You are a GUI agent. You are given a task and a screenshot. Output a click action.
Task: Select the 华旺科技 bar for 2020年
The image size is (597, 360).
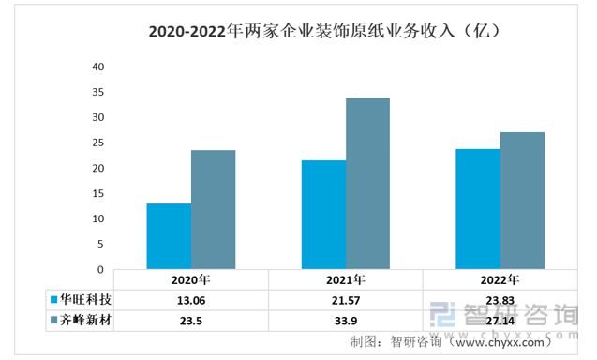169,236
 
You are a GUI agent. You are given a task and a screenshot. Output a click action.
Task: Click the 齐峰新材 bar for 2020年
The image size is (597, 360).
213,210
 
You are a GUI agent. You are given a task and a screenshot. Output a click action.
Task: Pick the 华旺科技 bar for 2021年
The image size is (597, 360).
323,215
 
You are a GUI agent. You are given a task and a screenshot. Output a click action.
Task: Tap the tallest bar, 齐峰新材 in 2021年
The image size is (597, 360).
367,184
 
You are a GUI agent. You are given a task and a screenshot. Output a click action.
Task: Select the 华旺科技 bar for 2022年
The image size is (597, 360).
477,209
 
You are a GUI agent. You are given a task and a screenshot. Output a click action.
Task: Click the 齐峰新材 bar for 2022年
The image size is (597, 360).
522,201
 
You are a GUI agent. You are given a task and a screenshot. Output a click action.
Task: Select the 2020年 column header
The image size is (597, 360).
190,280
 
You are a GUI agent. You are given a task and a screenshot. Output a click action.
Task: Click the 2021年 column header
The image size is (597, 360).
345,280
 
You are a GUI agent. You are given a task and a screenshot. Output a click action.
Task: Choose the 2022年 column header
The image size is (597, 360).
500,280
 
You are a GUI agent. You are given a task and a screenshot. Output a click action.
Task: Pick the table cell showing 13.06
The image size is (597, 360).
190,301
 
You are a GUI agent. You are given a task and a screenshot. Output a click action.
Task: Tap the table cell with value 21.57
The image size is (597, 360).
345,301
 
